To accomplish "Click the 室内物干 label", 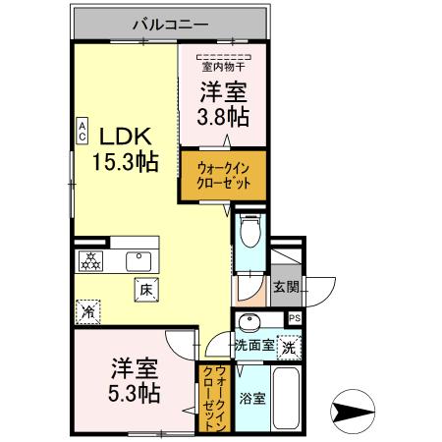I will [x=223, y=66].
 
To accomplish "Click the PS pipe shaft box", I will [x=295, y=318].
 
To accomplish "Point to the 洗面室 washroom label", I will [x=254, y=346].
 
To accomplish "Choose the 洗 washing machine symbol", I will [x=289, y=347].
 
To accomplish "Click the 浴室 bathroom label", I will [x=251, y=398].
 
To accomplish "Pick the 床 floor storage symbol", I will [x=145, y=289].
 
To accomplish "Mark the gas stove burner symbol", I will [x=92, y=261].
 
